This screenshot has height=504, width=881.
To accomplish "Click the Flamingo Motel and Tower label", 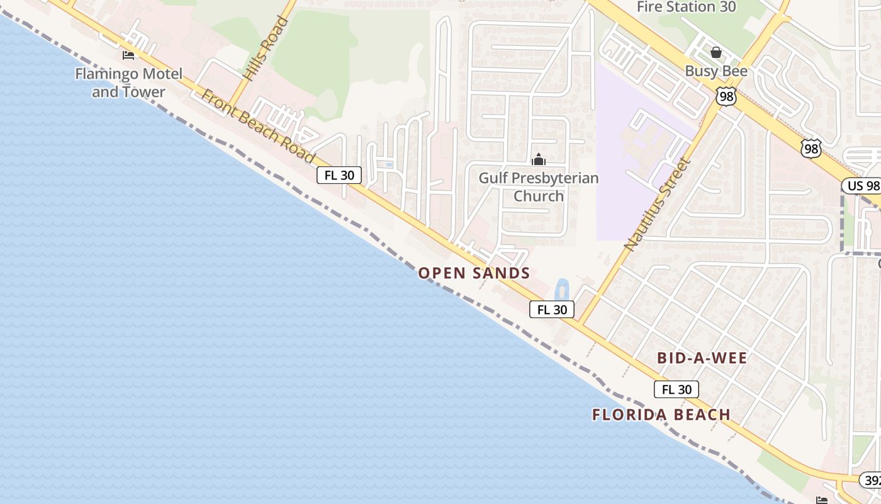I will [x=128, y=83].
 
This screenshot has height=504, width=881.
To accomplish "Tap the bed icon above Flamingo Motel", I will [x=128, y=55].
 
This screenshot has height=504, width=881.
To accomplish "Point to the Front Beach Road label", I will [x=258, y=126].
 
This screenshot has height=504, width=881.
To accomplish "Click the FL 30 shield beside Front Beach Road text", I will [x=339, y=175].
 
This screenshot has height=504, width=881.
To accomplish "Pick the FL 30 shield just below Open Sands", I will [x=552, y=309].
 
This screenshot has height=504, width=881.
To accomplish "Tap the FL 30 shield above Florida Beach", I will [x=676, y=389].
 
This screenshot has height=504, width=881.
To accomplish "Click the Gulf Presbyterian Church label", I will [x=539, y=186].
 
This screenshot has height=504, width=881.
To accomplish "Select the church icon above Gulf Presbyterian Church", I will [x=539, y=159].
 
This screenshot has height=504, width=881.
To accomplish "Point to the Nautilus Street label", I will [x=658, y=205].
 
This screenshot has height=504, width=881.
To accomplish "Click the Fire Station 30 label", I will [x=686, y=8].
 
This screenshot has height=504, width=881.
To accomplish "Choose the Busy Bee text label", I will [x=716, y=71].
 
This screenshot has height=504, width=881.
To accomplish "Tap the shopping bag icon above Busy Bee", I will [x=715, y=52].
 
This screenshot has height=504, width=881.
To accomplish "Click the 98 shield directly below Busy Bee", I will [x=726, y=96].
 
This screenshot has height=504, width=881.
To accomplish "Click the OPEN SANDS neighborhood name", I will [x=474, y=273].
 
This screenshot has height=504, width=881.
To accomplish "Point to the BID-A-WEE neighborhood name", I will [x=702, y=358].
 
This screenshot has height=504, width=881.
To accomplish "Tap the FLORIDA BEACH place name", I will [x=661, y=415].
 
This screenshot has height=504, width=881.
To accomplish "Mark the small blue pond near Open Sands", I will [x=560, y=290].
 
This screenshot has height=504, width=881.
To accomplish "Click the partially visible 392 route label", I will [x=871, y=481].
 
